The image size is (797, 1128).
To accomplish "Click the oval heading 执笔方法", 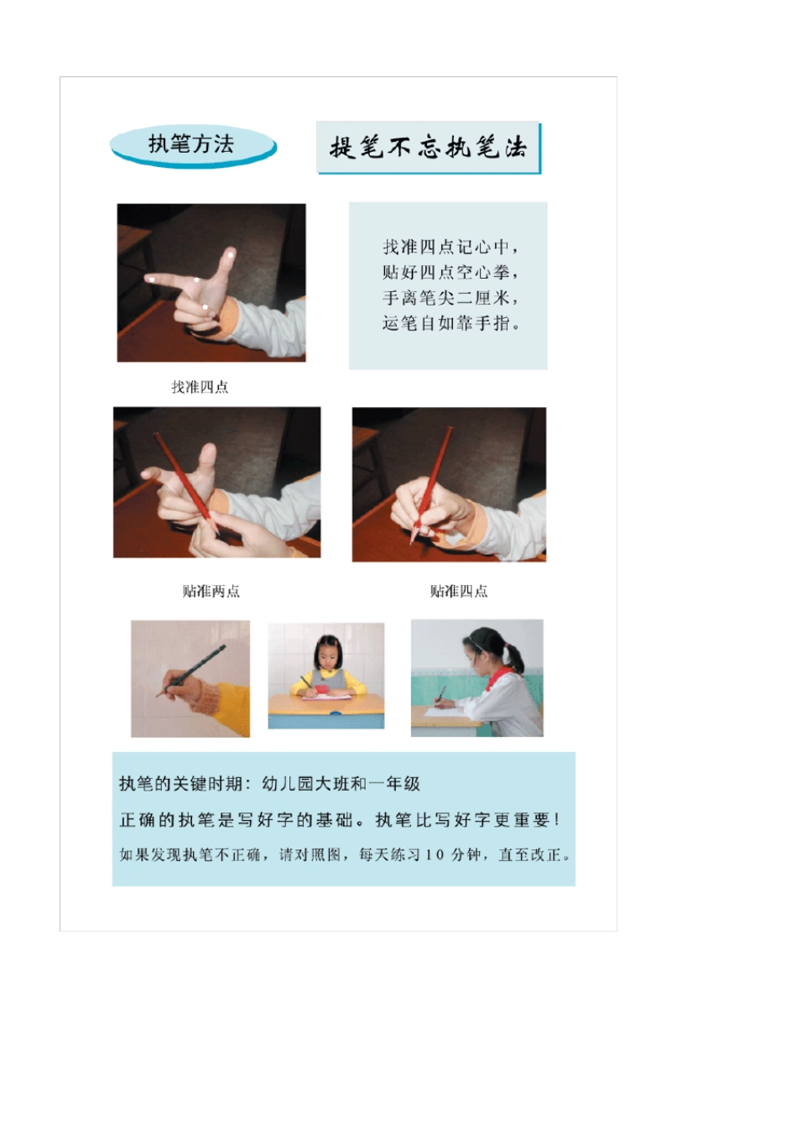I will click(x=192, y=144).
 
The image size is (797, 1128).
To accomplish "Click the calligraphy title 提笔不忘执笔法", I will click(x=428, y=148).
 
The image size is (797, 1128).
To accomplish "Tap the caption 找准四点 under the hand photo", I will click(x=200, y=387).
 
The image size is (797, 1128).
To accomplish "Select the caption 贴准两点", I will click(x=211, y=591).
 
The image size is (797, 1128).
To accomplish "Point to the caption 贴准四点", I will click(x=459, y=591).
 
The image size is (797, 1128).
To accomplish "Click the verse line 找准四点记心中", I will click(x=451, y=247).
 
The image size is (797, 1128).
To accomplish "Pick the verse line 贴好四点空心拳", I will click(x=451, y=272).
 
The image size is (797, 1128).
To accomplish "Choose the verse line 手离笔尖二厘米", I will click(x=451, y=297).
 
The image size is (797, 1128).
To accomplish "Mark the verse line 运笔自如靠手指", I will click(x=451, y=323).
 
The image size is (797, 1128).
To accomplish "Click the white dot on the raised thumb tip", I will click(x=230, y=253).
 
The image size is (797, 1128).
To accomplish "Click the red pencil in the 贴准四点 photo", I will click(x=432, y=483).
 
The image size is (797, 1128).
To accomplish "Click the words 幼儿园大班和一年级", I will click(x=341, y=784).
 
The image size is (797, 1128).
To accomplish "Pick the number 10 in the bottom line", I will click(x=434, y=855).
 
